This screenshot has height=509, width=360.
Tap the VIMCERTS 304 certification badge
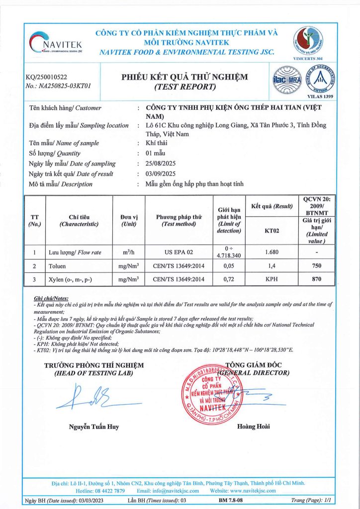tap(308, 42)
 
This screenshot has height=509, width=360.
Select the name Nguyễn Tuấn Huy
tap(93, 426)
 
